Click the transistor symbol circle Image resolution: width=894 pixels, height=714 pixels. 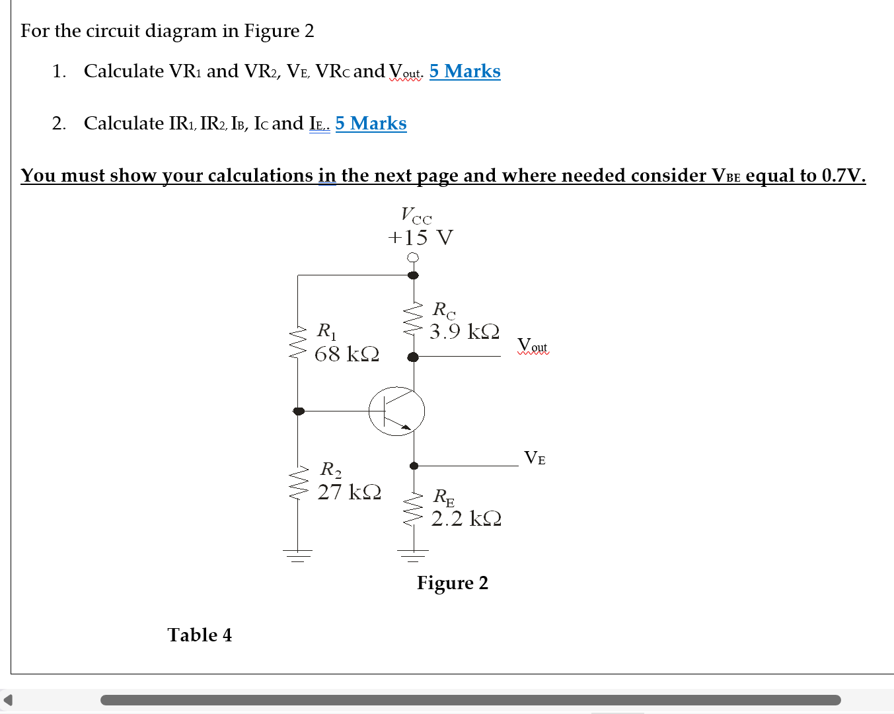pyautogui.click(x=396, y=411)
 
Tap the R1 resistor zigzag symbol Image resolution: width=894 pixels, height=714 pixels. pyautogui.click(x=298, y=342)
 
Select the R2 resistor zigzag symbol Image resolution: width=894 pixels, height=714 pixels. pyautogui.click(x=298, y=482)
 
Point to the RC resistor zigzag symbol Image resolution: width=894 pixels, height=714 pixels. pyautogui.click(x=414, y=319)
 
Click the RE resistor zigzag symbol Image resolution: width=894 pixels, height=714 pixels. pyautogui.click(x=414, y=509)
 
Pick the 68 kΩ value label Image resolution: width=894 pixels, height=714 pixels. pyautogui.click(x=347, y=354)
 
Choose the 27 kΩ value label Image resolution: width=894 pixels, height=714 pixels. pyautogui.click(x=349, y=492)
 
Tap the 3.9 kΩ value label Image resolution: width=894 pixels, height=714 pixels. pyautogui.click(x=465, y=332)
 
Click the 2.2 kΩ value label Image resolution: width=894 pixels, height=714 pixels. pyautogui.click(x=466, y=519)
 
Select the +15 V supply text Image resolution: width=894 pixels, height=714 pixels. pyautogui.click(x=420, y=238)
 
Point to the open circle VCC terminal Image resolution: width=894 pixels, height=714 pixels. pyautogui.click(x=413, y=258)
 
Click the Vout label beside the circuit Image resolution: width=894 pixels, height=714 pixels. pyautogui.click(x=533, y=345)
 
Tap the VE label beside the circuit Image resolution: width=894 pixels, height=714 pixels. pyautogui.click(x=535, y=458)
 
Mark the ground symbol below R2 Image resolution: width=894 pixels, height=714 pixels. pyautogui.click(x=298, y=555)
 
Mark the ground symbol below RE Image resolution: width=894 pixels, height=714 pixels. pyautogui.click(x=414, y=555)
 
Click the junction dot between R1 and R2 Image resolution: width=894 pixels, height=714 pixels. pyautogui.click(x=299, y=411)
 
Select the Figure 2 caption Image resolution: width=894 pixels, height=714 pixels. pyautogui.click(x=452, y=583)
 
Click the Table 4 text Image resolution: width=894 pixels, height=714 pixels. pyautogui.click(x=200, y=635)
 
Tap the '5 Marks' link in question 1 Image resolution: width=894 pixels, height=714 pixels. pyautogui.click(x=465, y=71)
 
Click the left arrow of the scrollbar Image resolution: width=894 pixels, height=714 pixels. pyautogui.click(x=8, y=699)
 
